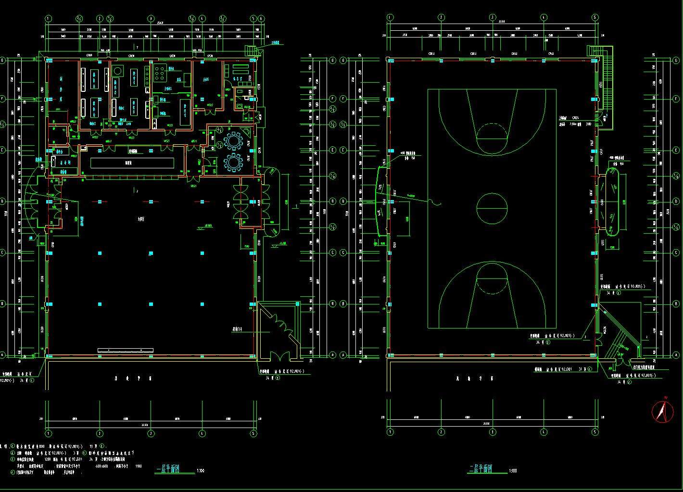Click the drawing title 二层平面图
[484, 468]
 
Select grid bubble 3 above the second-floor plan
[493, 17]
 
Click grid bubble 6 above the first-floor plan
[261, 18]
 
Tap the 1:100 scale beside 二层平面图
[513, 471]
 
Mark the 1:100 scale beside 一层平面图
[200, 471]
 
